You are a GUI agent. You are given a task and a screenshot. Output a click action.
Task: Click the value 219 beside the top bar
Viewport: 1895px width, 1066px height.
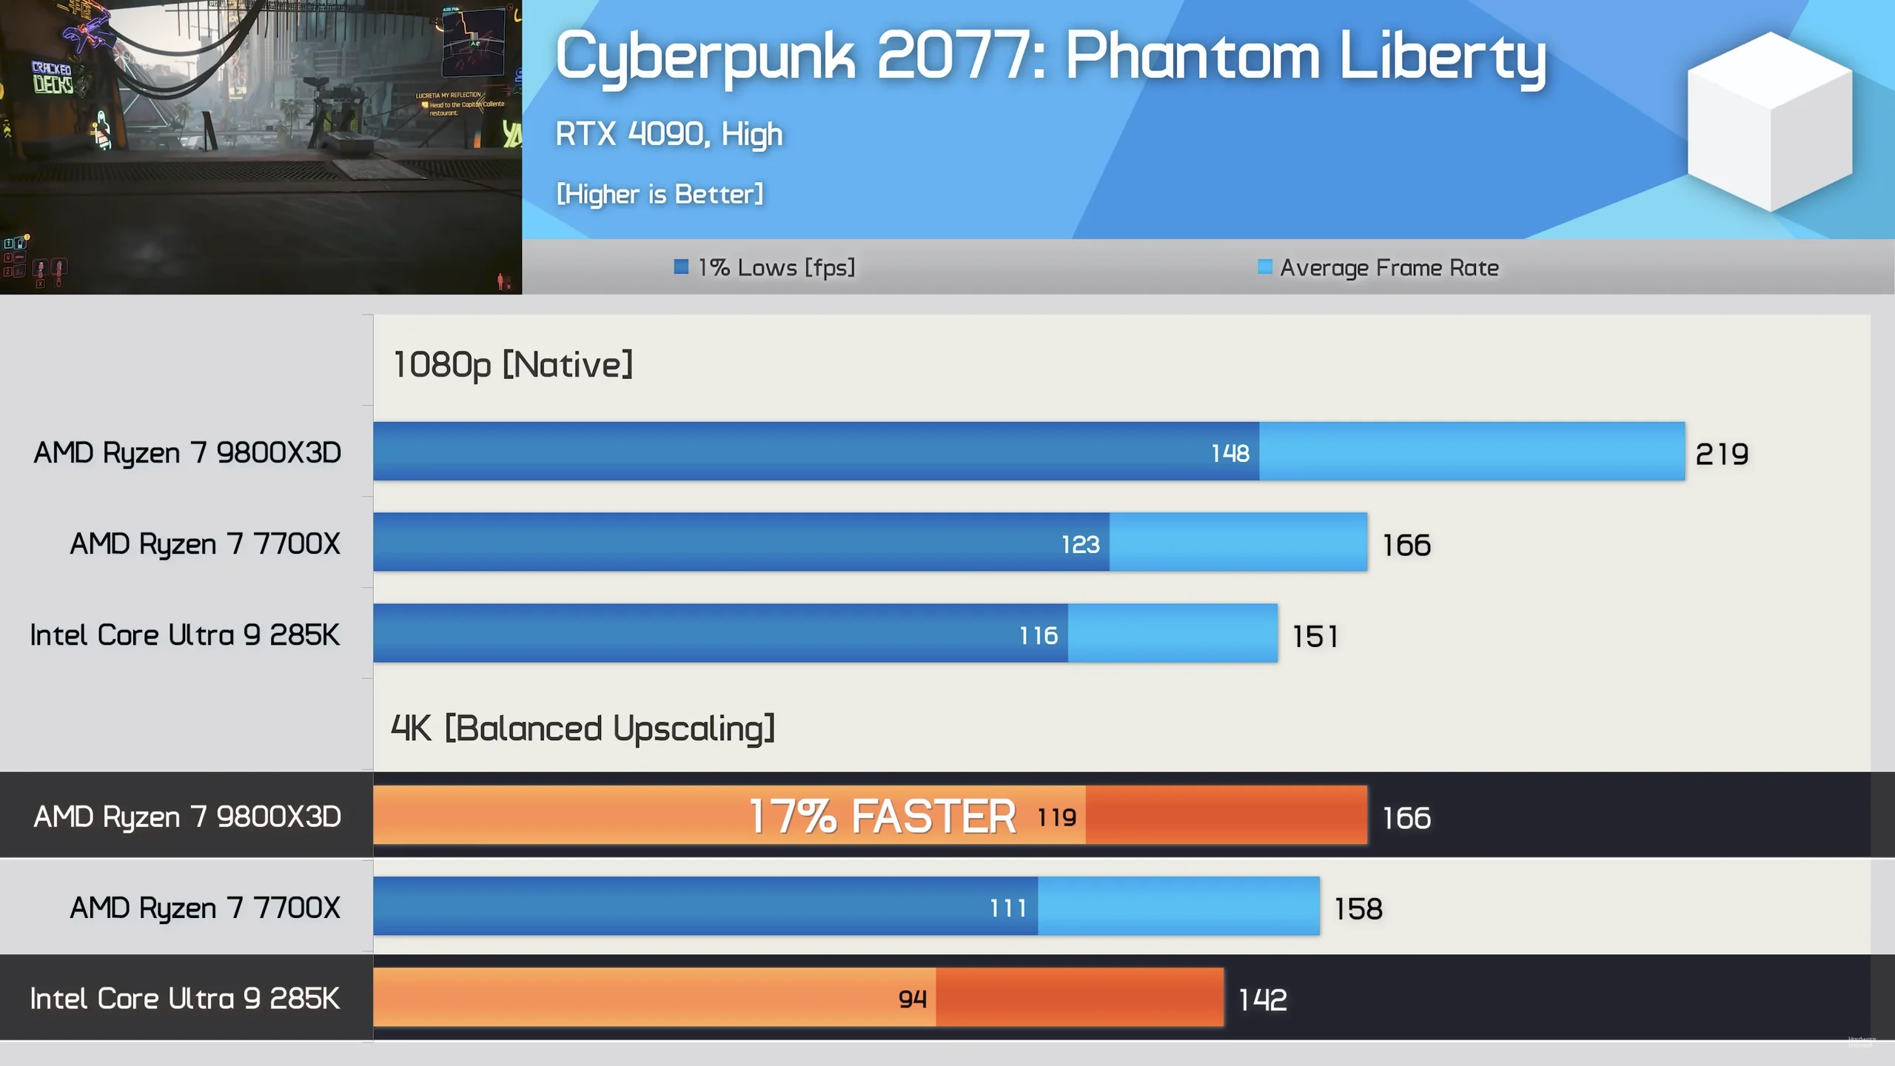[1722, 454]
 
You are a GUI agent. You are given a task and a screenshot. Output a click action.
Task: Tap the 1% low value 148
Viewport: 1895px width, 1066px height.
[1230, 453]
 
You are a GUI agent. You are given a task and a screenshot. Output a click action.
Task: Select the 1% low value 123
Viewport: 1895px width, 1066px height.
[1080, 545]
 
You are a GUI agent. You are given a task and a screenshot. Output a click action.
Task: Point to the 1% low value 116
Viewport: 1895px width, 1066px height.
[1039, 635]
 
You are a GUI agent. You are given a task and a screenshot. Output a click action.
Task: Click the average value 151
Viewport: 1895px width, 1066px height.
[1315, 637]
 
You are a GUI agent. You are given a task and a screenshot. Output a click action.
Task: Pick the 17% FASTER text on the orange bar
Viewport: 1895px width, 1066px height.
[882, 816]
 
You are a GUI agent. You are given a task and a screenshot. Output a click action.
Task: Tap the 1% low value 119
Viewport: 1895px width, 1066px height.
[1056, 817]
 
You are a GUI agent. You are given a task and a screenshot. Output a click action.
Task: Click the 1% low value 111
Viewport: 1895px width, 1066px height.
[1008, 908]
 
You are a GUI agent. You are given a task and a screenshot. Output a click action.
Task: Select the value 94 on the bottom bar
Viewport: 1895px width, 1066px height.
[912, 999]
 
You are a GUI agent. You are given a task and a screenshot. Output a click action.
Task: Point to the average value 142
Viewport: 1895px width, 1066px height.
[1263, 1000]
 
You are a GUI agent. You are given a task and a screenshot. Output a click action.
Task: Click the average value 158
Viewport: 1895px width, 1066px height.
[1358, 909]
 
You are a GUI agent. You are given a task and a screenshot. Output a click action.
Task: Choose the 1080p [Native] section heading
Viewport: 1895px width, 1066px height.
[512, 364]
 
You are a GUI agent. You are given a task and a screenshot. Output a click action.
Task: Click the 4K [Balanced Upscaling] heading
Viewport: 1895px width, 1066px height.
[583, 728]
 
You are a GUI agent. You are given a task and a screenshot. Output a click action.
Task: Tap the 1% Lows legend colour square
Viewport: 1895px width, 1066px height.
[681, 266]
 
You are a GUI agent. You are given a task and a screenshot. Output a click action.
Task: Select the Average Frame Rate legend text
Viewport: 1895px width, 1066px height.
[1389, 267]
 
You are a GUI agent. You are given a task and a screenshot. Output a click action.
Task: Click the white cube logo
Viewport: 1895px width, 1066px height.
[1769, 122]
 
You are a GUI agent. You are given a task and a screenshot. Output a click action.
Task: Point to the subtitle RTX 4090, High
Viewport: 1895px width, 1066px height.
[669, 134]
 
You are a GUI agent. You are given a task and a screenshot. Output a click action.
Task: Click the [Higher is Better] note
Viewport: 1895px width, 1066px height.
[660, 194]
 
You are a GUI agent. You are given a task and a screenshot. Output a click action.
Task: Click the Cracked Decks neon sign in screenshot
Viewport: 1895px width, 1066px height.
[52, 78]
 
